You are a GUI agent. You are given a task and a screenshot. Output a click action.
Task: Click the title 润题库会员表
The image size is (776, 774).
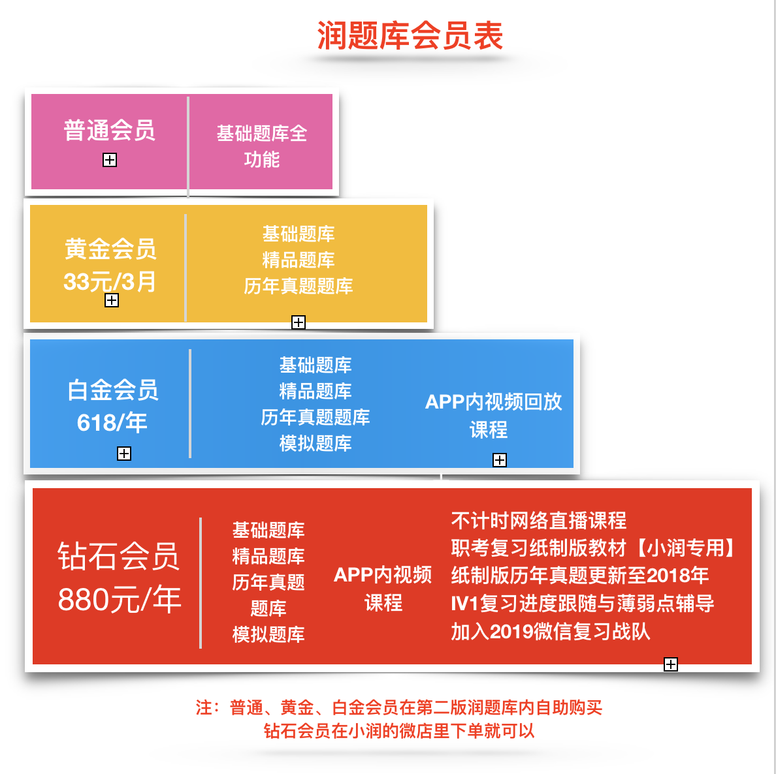pyautogui.click(x=410, y=36)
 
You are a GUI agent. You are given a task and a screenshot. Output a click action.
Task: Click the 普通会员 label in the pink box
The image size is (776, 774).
pyautogui.click(x=109, y=131)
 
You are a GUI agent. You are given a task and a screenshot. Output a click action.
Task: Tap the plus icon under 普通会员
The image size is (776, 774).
pyautogui.click(x=109, y=160)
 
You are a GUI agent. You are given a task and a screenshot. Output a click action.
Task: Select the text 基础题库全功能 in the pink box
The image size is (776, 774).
pyautogui.click(x=262, y=146)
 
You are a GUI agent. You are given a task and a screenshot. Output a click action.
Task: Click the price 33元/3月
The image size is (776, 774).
pyautogui.click(x=110, y=282)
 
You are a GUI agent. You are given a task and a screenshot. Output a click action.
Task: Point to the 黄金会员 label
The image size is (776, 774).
pyautogui.click(x=110, y=249)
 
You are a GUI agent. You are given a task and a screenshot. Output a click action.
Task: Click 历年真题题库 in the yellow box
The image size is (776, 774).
pyautogui.click(x=299, y=286)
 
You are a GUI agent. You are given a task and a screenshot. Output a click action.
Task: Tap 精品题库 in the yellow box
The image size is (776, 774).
pyautogui.click(x=299, y=260)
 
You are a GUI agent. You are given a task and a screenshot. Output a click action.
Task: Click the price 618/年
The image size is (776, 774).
pyautogui.click(x=112, y=423)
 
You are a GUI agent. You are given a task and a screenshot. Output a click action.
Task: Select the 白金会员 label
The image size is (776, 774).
pyautogui.click(x=113, y=390)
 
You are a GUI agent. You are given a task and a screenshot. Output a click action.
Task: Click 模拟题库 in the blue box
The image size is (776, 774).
pyautogui.click(x=315, y=443)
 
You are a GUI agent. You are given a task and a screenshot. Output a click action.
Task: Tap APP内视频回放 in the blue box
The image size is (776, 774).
pyautogui.click(x=493, y=402)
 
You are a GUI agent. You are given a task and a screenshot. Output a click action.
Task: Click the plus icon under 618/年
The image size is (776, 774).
pyautogui.click(x=123, y=454)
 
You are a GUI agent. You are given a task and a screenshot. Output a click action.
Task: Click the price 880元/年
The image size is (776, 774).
pyautogui.click(x=120, y=599)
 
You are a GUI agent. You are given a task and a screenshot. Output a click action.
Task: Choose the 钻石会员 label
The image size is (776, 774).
pyautogui.click(x=118, y=557)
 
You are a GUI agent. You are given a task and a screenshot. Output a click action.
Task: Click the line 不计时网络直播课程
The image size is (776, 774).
pyautogui.click(x=538, y=521)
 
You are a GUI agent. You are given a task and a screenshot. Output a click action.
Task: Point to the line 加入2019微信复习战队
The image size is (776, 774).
pyautogui.click(x=551, y=632)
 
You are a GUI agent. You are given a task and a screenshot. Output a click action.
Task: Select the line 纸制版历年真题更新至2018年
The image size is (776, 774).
pyautogui.click(x=580, y=575)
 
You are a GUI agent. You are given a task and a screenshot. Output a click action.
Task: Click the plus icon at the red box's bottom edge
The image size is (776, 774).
pyautogui.click(x=671, y=664)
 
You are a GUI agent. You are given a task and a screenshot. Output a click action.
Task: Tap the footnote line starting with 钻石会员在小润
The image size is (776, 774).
pyautogui.click(x=399, y=731)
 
